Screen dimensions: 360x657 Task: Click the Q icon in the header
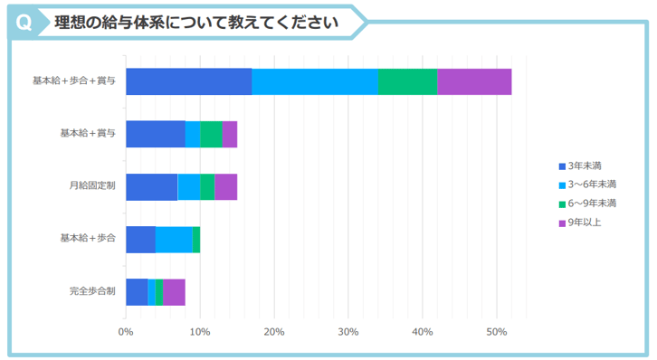[24, 23]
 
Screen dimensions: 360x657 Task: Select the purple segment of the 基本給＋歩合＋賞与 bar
[474, 81]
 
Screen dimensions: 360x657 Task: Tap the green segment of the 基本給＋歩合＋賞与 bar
[407, 81]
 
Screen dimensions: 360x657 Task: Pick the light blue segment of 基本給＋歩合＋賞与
[315, 81]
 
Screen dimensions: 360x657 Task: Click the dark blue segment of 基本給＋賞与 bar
[156, 134]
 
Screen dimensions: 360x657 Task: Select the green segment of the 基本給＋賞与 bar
[211, 134]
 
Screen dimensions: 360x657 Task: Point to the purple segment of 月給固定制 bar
[225, 187]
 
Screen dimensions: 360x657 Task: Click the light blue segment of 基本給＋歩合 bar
[174, 240]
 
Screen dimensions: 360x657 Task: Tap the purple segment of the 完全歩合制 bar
[174, 292]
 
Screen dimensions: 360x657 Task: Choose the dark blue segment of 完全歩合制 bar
[137, 292]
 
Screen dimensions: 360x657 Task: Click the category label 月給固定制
[92, 187]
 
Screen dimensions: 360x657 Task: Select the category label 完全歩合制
[92, 292]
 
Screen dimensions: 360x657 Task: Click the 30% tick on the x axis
[348, 332]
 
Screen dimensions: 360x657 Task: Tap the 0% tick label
[126, 332]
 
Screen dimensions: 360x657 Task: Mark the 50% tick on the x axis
[496, 332]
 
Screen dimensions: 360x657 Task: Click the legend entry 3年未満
[585, 166]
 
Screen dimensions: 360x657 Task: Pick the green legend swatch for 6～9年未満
[562, 204]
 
